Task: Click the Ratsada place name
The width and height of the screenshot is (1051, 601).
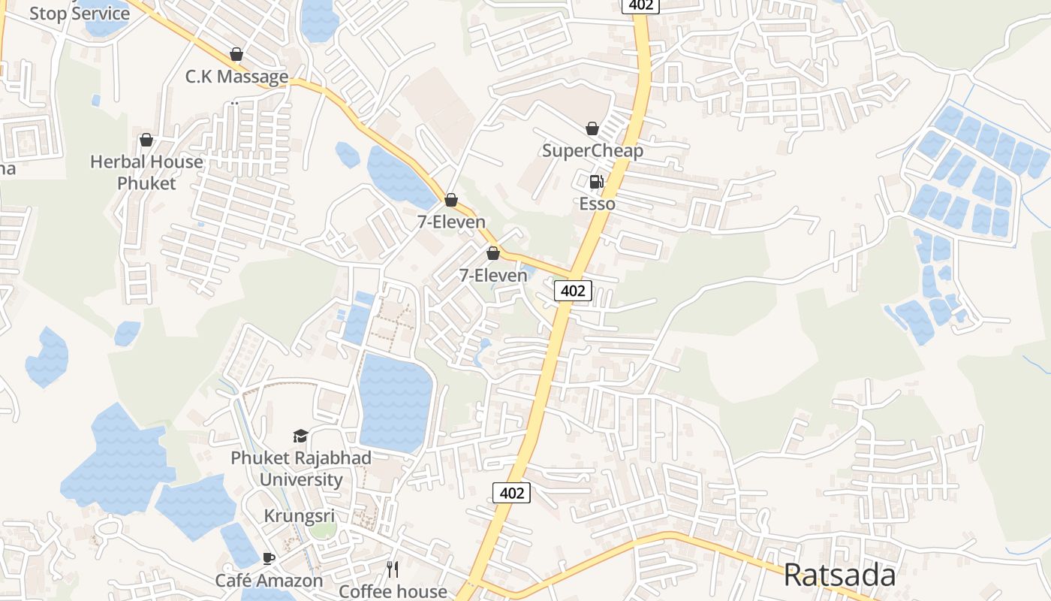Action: coord(839,575)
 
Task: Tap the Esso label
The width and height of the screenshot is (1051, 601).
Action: coord(597,204)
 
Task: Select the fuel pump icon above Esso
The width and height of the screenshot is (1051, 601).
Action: coord(596,182)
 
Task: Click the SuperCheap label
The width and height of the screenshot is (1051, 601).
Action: coord(592,150)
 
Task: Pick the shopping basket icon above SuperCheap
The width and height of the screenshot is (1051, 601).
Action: coord(592,129)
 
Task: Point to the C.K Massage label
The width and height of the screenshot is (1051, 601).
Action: coord(236,77)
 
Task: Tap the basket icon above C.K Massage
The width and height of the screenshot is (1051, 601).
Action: coord(236,55)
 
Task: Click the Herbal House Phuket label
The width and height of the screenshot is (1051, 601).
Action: coord(146,172)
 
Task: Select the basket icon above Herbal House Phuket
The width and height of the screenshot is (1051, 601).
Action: coord(146,140)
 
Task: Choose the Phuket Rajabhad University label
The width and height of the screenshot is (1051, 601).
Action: coord(300,468)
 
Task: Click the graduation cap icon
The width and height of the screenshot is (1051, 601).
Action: coord(300,436)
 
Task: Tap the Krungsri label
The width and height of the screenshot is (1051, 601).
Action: coord(299,516)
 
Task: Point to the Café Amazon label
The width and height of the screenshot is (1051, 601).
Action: coord(269,580)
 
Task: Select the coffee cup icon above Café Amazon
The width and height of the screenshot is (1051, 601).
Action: coord(269,559)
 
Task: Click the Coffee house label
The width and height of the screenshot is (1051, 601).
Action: coord(393,591)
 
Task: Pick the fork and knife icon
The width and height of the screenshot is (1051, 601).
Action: coord(393,569)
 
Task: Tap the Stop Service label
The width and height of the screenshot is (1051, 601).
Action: coord(79,14)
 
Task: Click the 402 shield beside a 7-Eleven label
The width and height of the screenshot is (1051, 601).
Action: coord(574,291)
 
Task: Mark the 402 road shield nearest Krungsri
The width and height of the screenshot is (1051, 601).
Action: coord(512,493)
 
